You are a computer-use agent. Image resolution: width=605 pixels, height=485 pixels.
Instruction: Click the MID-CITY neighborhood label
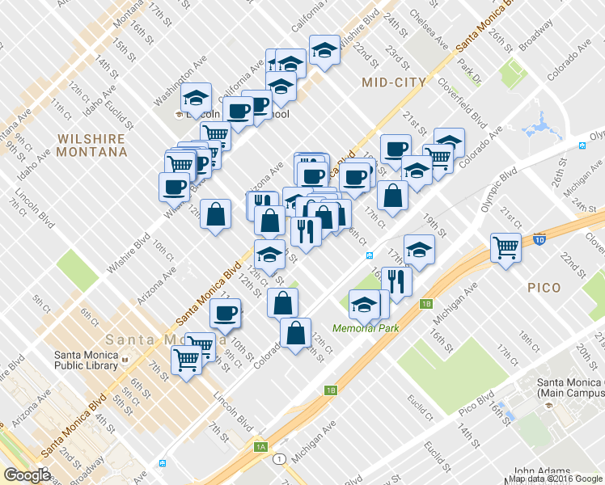click(394, 82)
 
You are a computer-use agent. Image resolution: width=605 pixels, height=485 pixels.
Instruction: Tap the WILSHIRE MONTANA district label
click(92, 145)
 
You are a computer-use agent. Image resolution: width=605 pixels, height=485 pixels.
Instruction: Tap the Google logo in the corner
click(27, 475)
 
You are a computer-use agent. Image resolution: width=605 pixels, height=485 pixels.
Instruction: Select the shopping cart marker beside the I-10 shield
click(506, 246)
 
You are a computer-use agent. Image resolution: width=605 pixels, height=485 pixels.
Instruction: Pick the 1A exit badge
click(260, 446)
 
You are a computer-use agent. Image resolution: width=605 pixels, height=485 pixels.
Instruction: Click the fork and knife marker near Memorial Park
click(396, 280)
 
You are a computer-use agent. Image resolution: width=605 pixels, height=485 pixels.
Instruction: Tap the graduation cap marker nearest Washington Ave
click(196, 99)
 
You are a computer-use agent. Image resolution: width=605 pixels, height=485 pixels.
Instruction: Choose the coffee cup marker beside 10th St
click(225, 313)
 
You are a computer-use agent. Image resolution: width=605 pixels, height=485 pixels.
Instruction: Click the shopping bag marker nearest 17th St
click(392, 196)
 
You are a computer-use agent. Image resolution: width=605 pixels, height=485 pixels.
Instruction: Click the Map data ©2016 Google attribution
click(556, 478)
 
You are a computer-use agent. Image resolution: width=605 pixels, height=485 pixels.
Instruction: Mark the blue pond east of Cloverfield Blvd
click(536, 128)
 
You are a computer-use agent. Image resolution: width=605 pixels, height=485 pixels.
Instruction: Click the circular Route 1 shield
click(279, 459)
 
